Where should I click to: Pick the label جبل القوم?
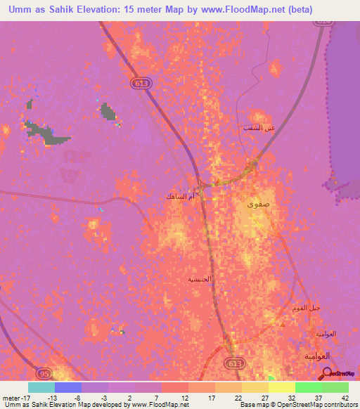tap(306, 309)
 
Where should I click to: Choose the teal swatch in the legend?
tap(41, 387)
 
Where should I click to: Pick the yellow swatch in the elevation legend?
tap(281, 387)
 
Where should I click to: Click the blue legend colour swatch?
tap(68, 387)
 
